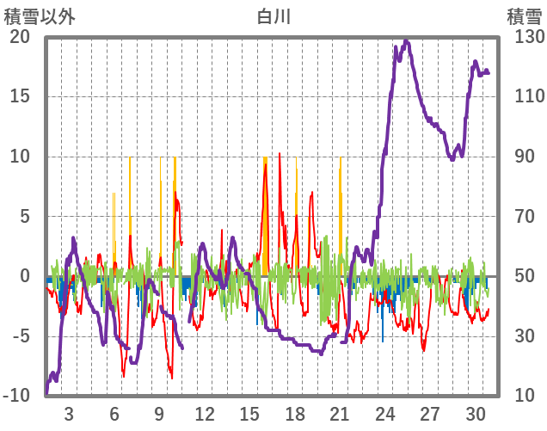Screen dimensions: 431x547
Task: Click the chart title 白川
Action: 274,15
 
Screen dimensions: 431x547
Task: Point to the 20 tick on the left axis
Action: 20,37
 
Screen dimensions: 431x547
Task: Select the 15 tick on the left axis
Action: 20,96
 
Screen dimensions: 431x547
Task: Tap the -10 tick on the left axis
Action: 16,396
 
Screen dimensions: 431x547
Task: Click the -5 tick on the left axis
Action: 20,336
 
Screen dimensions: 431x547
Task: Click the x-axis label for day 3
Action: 69,413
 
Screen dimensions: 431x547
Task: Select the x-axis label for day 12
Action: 205,413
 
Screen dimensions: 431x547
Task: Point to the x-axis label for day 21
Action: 341,413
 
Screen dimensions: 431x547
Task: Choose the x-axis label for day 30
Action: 476,413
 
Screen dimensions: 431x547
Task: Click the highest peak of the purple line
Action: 407,40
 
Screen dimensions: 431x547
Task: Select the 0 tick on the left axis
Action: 25,276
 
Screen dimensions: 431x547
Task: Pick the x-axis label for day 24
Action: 385,413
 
